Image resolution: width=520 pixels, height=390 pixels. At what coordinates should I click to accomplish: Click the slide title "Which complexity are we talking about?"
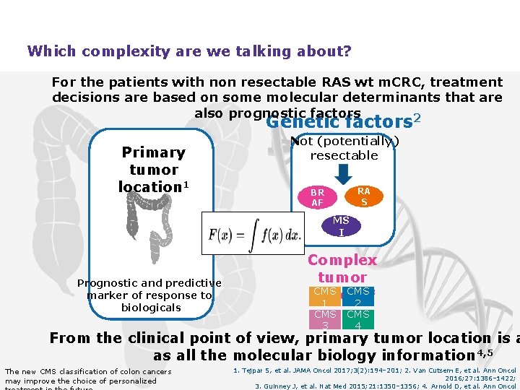(x=189, y=51)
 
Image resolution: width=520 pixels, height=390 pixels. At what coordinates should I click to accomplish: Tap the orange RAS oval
(x=363, y=196)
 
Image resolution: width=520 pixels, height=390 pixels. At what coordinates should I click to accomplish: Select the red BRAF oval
(x=317, y=198)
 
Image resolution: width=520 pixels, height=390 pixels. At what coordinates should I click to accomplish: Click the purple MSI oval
(x=341, y=226)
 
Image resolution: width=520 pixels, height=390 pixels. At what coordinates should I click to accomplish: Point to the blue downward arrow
(x=344, y=174)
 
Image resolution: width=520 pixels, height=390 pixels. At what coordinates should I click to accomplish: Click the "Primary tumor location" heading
(x=153, y=170)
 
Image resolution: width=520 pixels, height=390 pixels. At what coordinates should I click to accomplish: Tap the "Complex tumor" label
(x=342, y=269)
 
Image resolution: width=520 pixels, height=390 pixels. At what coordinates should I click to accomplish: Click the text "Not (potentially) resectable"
(x=344, y=149)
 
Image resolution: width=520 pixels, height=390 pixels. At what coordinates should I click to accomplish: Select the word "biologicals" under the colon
(x=151, y=308)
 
